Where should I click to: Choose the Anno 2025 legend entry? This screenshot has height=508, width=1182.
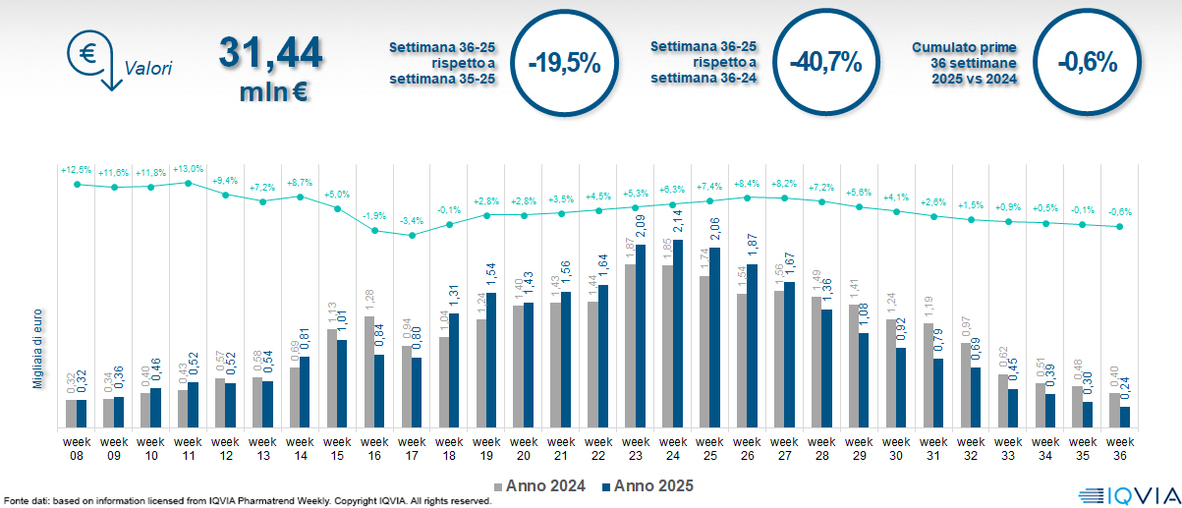647,485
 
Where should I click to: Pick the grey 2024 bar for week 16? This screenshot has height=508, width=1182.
369,372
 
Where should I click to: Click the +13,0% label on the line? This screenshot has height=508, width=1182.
189,169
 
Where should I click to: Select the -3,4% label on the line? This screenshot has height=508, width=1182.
413,221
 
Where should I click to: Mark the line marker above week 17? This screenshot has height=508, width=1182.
413,235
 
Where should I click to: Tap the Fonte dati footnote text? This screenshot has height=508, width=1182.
246,501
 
